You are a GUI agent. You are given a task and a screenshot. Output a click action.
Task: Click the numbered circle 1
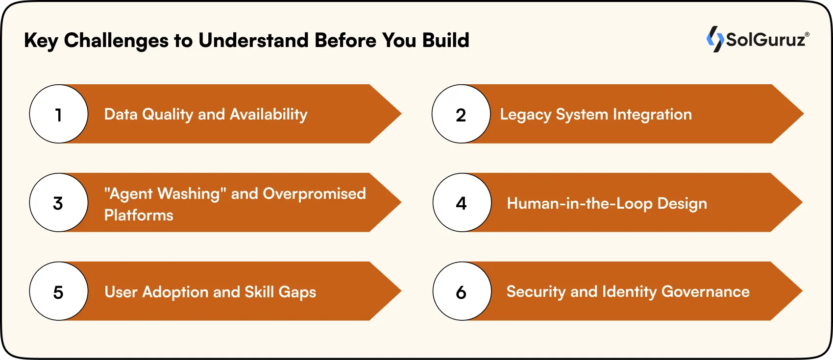coord(59,114)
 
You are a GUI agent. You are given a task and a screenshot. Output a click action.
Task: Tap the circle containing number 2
coord(461,114)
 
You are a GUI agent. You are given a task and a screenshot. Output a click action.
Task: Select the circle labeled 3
coord(59,203)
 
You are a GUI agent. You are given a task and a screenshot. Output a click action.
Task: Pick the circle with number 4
coord(462,203)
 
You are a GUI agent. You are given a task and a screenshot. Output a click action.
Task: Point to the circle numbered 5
coord(59,291)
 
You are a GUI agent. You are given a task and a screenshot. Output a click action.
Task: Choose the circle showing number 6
coord(462,291)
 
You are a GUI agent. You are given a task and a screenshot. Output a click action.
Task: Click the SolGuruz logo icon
coord(715,39)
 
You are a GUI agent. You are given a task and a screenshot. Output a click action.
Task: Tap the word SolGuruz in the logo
coord(766,39)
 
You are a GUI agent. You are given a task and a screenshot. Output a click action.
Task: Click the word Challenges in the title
coord(116,41)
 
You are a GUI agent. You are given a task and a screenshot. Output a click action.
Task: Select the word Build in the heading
coord(445,40)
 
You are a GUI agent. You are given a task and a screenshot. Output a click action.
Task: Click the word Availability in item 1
coord(269,115)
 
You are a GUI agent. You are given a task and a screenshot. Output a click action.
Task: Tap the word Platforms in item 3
coord(139,215)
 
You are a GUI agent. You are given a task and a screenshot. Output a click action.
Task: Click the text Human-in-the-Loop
coord(579,203)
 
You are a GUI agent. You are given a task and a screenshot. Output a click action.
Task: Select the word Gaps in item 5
coord(297,292)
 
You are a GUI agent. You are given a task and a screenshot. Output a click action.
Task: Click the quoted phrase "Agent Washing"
coord(165,194)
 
